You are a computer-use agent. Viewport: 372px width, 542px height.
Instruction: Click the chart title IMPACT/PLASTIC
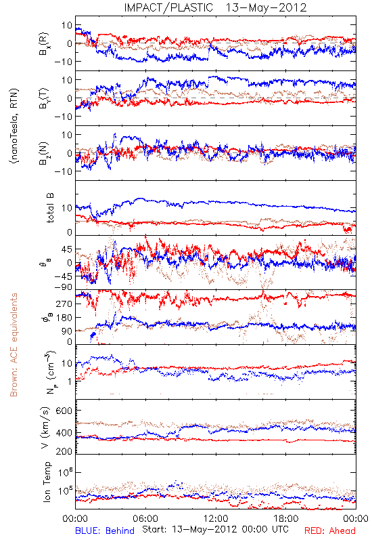coord(168,7)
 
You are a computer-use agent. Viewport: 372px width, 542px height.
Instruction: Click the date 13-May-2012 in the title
coord(266,7)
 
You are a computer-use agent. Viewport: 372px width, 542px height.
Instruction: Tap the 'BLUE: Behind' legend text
coord(105,530)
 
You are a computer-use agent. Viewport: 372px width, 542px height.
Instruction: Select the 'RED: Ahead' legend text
coord(330,530)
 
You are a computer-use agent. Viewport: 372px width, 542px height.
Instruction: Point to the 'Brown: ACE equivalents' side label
coord(14,345)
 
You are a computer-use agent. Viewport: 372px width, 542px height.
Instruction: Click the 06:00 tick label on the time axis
coord(145,518)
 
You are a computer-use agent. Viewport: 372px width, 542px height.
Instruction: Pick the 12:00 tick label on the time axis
coord(216,518)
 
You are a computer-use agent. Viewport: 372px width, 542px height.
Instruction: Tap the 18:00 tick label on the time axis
coord(286,518)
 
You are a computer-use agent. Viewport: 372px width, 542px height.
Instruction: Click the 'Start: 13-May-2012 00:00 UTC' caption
coord(215,529)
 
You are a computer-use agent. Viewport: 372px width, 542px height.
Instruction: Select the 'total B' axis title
coord(49,208)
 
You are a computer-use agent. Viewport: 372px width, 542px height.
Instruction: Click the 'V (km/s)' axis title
coord(45,428)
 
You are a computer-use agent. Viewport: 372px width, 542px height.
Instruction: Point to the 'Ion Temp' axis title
coord(47,482)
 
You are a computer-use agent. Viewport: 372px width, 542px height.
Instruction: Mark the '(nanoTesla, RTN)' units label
coord(14,126)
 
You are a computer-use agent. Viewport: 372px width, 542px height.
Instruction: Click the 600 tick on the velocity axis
coord(64,411)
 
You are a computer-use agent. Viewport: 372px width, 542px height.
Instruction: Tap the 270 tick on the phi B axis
coord(64,304)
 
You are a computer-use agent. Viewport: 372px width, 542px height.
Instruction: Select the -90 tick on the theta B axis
coord(62,287)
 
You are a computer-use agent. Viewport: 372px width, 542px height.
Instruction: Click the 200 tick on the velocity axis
coord(64,451)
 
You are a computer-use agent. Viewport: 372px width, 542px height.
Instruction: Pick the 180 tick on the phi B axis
coord(64,317)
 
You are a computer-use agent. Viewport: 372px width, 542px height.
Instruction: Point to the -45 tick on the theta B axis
coord(62,276)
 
